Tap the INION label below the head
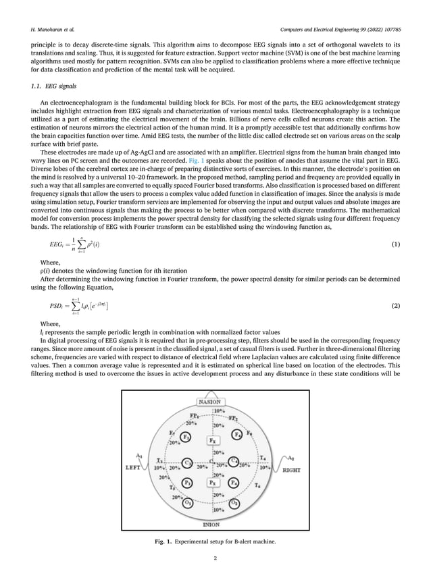(211, 523)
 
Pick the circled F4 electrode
(237, 435)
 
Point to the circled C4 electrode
(234, 462)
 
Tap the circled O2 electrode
(234, 503)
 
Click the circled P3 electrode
(188, 483)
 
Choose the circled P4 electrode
(233, 483)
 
